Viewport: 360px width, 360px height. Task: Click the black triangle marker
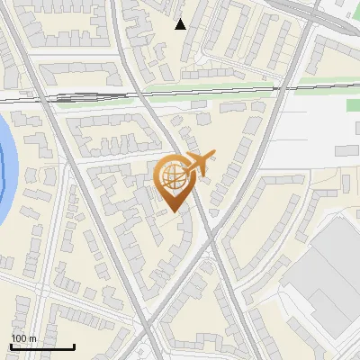coord(181,24)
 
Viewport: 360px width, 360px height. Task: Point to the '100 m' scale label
coord(23,338)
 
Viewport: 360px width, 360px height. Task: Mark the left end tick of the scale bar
coord(11,346)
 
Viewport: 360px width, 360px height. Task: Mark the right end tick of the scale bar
coord(74,346)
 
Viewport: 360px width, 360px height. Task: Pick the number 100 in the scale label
coord(20,338)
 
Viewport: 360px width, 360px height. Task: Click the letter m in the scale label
coord(32,338)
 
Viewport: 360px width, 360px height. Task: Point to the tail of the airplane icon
coord(208,157)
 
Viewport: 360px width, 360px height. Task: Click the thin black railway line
coord(135,94)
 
